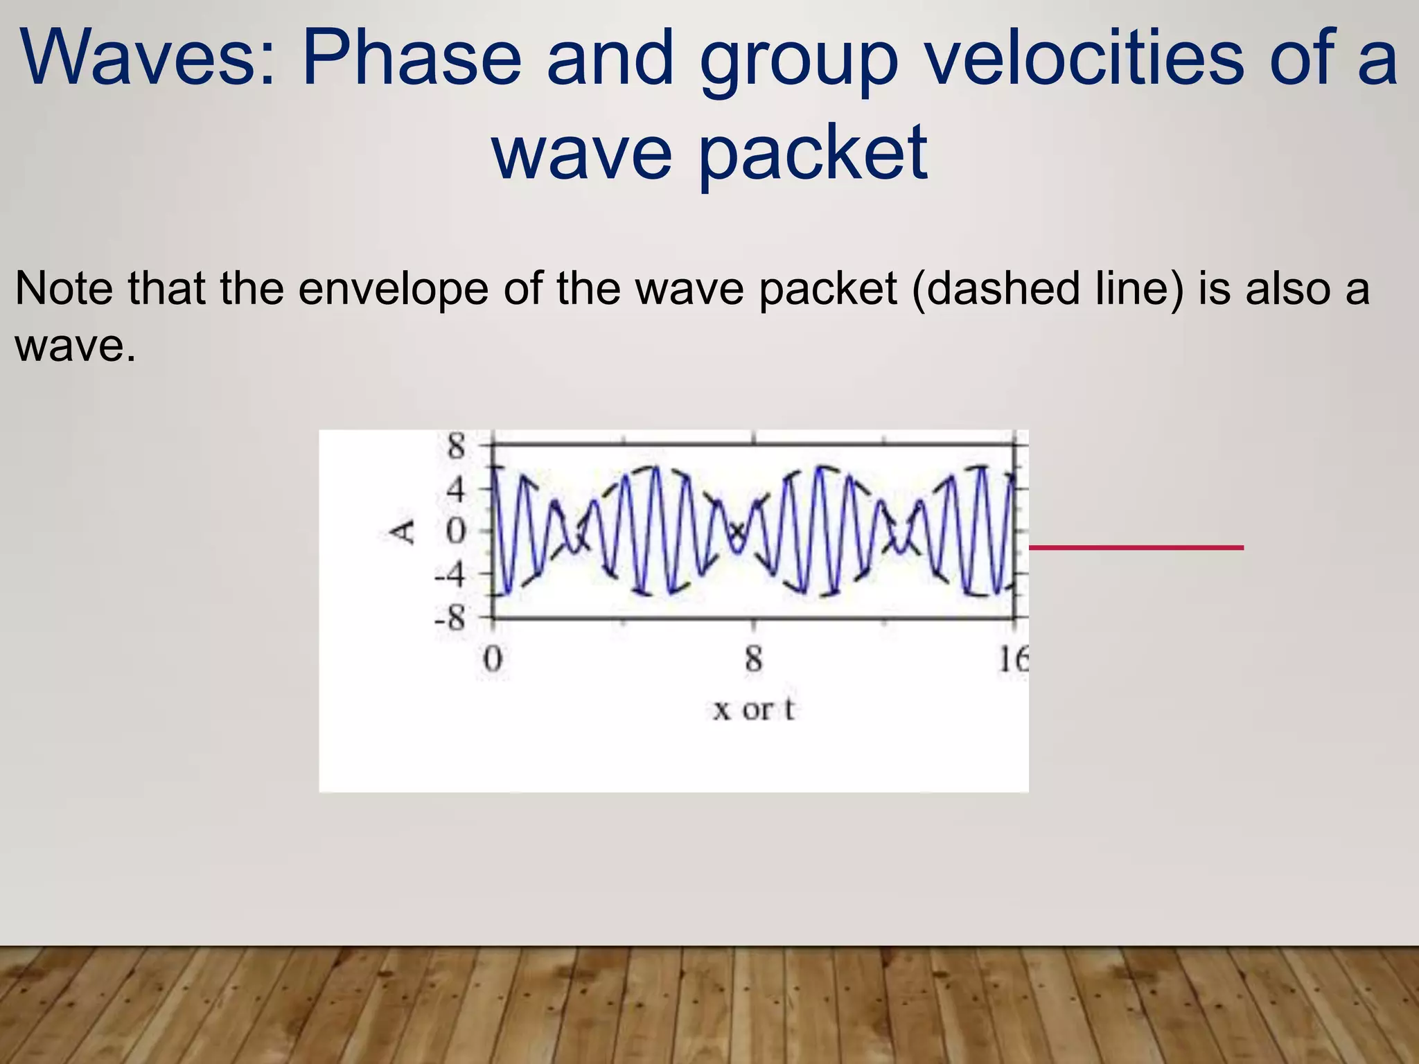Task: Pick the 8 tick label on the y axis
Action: (456, 446)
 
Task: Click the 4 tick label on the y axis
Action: (456, 490)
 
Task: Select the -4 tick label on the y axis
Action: (450, 574)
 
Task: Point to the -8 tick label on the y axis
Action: (450, 617)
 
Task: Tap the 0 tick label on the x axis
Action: (492, 659)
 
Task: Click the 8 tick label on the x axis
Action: (754, 659)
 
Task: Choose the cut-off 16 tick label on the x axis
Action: (1013, 659)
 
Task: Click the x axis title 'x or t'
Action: (754, 709)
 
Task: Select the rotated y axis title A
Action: (403, 532)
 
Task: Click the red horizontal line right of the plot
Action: (1136, 547)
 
